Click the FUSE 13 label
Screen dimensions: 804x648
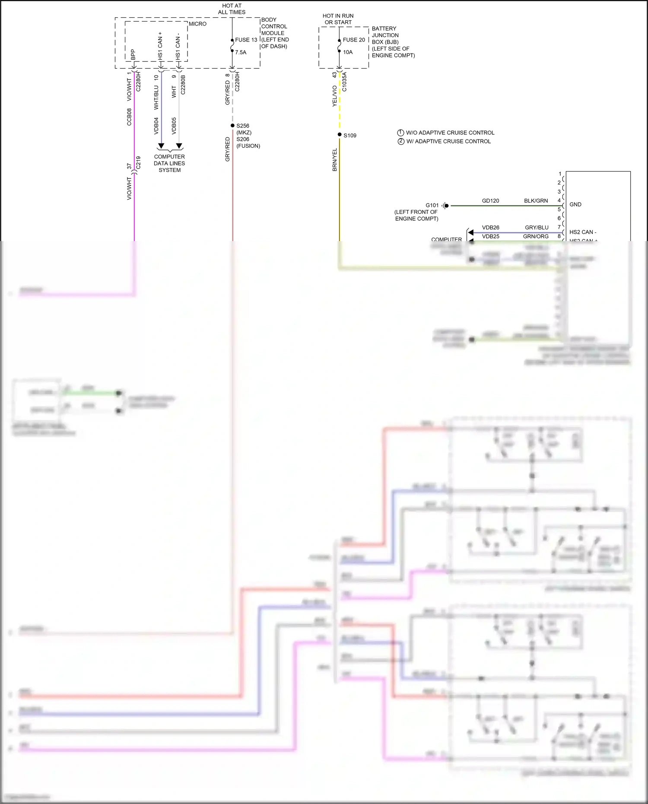click(x=246, y=40)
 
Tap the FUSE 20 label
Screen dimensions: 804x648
click(x=353, y=40)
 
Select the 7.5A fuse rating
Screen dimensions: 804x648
click(x=241, y=52)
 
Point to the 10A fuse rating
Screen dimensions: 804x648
click(x=348, y=52)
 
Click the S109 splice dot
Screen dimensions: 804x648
click(x=340, y=135)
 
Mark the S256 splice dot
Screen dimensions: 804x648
click(x=232, y=125)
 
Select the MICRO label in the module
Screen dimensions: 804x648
click(x=197, y=24)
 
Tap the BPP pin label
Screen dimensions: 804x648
click(x=133, y=54)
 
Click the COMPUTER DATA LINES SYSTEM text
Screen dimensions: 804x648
click(x=169, y=163)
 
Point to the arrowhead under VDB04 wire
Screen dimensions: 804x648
click(x=161, y=146)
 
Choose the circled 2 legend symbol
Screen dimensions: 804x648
click(x=401, y=141)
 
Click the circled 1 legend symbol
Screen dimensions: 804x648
click(x=400, y=133)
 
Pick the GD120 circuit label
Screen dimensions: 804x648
click(x=490, y=201)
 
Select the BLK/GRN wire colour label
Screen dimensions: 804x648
click(x=536, y=201)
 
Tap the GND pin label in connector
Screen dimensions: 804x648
click(x=575, y=204)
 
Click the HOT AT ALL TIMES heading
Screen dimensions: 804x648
click(x=232, y=9)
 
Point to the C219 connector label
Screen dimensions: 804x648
click(x=138, y=162)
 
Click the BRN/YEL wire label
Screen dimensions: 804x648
click(x=335, y=160)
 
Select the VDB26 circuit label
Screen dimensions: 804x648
click(x=490, y=228)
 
